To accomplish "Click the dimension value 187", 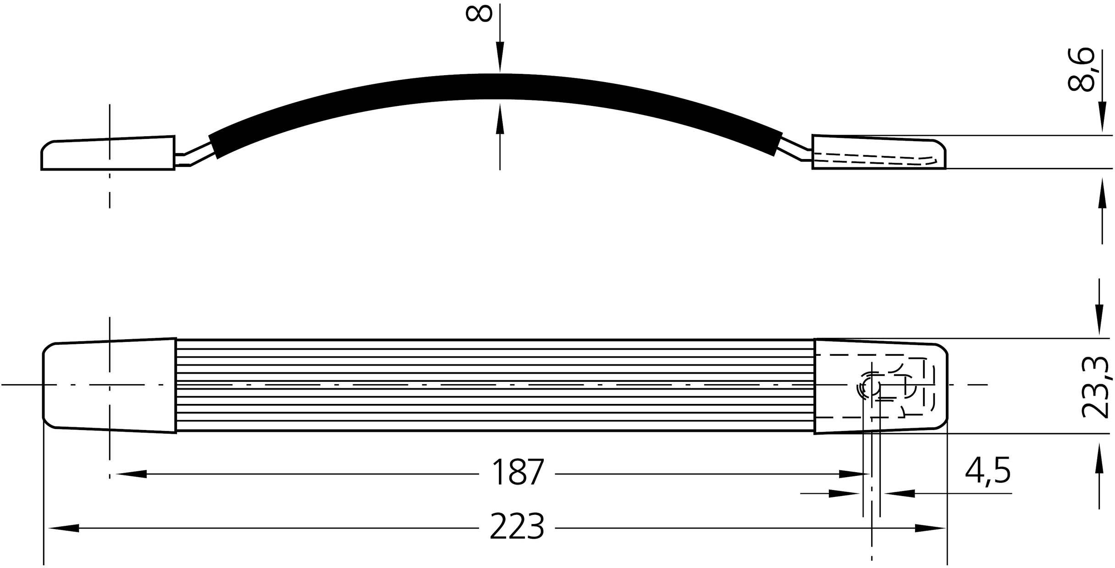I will (517, 473).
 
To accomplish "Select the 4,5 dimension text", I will (988, 470).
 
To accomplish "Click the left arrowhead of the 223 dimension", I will (64, 529).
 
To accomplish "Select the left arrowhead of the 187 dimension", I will (132, 474).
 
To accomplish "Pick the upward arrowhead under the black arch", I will (500, 119).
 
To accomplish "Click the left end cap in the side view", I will (108, 154).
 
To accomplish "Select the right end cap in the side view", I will (878, 152).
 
